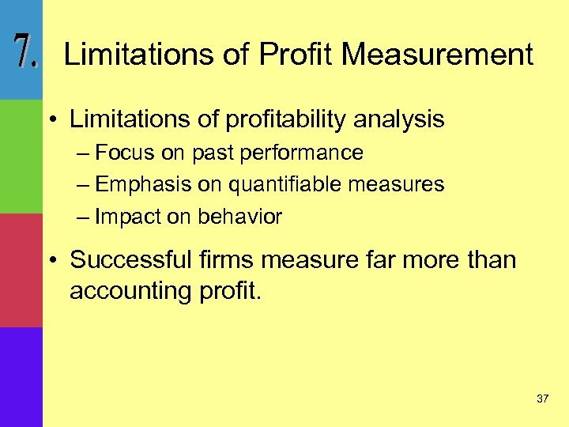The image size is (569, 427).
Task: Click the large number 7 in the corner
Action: (x=24, y=52)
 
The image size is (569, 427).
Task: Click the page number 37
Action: (x=542, y=399)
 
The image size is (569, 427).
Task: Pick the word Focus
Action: (x=125, y=153)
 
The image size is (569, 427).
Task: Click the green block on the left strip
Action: (x=21, y=156)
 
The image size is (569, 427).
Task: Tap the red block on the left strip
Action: (x=21, y=270)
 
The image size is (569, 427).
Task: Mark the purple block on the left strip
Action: (x=21, y=376)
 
